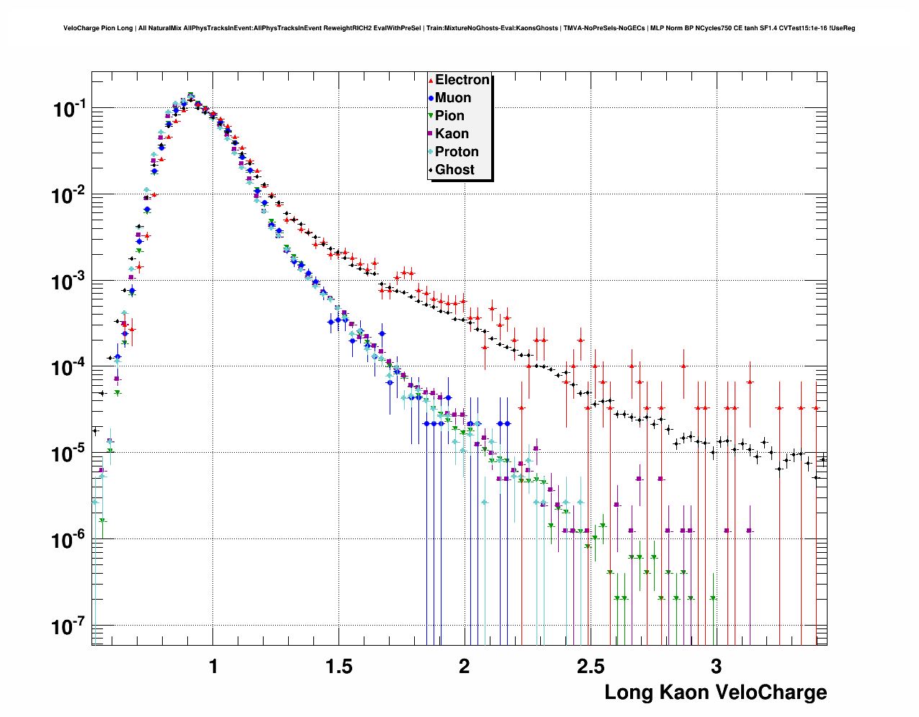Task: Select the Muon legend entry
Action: tap(452, 98)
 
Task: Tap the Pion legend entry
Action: tap(449, 116)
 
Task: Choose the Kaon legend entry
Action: tap(452, 134)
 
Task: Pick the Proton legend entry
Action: tap(457, 152)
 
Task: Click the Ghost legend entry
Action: tap(454, 170)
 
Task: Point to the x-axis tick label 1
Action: tap(213, 667)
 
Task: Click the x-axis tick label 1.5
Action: tap(339, 667)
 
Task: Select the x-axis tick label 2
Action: tap(465, 667)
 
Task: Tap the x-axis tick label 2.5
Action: tap(591, 667)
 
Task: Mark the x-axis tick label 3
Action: tap(716, 667)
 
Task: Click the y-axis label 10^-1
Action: tap(69, 110)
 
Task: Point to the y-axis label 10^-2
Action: tap(69, 196)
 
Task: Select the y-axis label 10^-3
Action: tap(69, 282)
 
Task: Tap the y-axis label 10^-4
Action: tap(69, 369)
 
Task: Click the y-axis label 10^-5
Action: tap(69, 455)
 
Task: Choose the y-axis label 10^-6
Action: tap(69, 541)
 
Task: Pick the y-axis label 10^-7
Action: tap(69, 627)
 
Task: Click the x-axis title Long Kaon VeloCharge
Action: tap(715, 693)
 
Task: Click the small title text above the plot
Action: tap(459, 28)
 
